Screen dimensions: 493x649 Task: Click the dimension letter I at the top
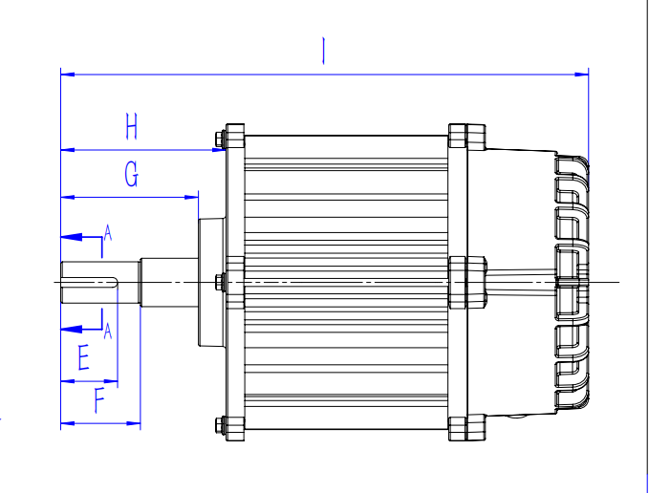tap(325, 51)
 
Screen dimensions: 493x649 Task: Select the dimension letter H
tap(132, 126)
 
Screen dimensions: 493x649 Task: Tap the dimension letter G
tap(131, 176)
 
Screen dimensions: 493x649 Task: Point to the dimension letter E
tap(83, 358)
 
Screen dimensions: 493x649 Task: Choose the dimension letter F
tap(100, 400)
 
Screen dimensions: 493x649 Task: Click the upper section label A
tap(108, 231)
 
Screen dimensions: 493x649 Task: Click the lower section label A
tap(108, 331)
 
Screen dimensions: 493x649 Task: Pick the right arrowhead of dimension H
tap(216, 149)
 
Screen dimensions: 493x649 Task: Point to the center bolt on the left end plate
tap(222, 282)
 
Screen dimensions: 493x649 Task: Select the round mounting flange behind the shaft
tap(210, 282)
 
